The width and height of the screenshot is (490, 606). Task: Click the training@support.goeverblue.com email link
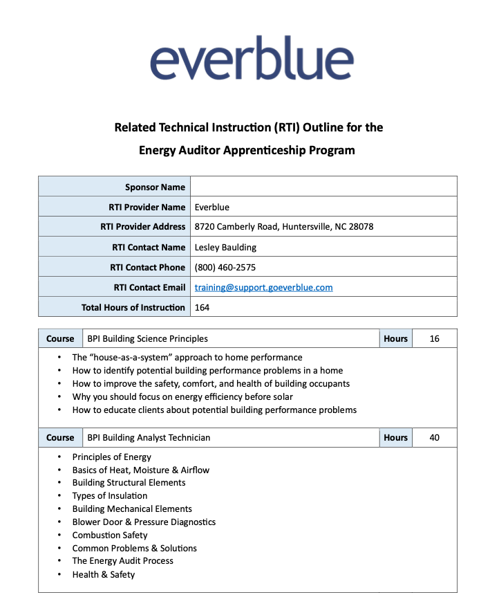[x=263, y=287]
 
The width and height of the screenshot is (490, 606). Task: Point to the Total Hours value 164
[x=202, y=307]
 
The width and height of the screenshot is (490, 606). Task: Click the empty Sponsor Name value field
[x=323, y=187]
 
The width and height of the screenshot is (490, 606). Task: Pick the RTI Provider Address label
[x=143, y=227]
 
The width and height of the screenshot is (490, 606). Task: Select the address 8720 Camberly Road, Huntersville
[x=284, y=227]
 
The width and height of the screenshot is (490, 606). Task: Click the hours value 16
[x=434, y=339]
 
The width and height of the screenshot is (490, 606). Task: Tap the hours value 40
[x=434, y=438]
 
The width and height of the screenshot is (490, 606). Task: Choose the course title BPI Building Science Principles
[x=147, y=339]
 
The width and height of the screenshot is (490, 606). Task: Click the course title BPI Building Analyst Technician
[x=149, y=438]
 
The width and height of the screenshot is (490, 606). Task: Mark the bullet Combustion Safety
[x=110, y=535]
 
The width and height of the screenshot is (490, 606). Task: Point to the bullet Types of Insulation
[x=110, y=495]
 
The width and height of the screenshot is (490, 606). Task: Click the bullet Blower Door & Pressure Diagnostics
[x=144, y=522]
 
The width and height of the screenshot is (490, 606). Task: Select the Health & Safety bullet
[x=104, y=574]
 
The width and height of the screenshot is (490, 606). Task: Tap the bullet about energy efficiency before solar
[x=182, y=396]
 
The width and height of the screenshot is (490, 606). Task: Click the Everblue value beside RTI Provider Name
[x=212, y=207]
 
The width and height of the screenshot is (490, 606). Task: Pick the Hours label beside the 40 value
[x=396, y=438]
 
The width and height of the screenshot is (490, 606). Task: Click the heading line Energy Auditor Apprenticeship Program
[x=247, y=150]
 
